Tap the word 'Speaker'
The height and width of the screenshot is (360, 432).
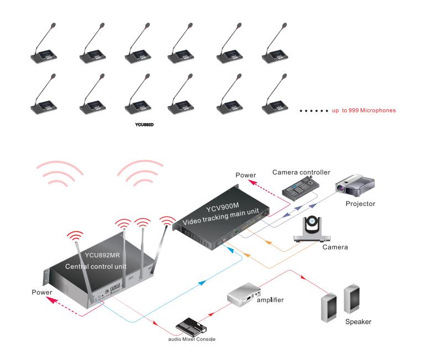pos(358,321)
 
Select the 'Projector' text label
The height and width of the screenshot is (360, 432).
pos(360,204)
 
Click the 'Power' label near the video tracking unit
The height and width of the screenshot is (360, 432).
pos(246,175)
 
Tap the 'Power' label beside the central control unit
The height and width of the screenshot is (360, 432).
pos(42,292)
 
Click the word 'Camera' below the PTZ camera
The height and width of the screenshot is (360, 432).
pos(335,247)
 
